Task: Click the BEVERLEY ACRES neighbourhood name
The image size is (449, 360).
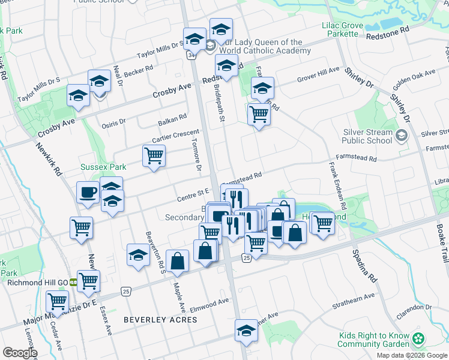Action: click(160, 320)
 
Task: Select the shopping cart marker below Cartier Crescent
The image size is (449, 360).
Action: click(154, 157)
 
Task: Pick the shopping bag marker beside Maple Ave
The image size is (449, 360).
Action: click(177, 260)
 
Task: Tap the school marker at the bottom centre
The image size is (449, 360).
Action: click(246, 331)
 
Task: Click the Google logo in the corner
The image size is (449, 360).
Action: click(20, 353)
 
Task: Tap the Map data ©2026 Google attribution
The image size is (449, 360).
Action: click(411, 355)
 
